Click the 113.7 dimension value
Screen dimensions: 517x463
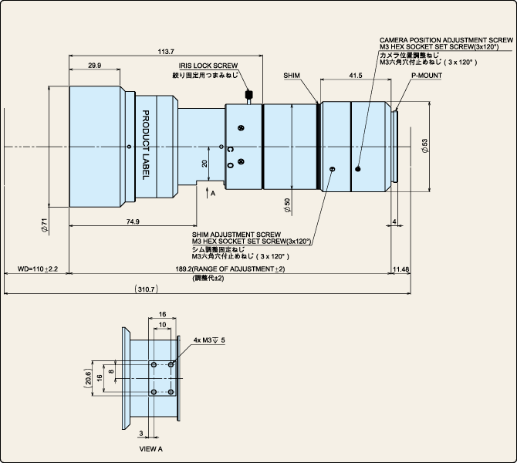click(x=166, y=52)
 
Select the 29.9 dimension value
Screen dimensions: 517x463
click(x=95, y=66)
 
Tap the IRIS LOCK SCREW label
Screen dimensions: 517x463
click(x=208, y=66)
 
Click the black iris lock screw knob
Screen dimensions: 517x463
click(x=249, y=95)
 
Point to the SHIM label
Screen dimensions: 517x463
click(x=292, y=76)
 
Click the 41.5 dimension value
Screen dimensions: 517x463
click(x=356, y=76)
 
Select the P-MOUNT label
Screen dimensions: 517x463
click(x=427, y=76)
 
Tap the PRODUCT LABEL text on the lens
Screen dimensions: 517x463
click(x=145, y=145)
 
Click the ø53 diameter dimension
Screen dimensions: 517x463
click(x=425, y=146)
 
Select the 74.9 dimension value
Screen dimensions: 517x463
click(x=133, y=221)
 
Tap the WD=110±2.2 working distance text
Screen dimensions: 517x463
click(x=38, y=269)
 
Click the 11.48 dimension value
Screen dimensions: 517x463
click(x=401, y=269)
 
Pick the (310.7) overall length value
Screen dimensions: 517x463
click(x=147, y=289)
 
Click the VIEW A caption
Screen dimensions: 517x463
click(x=151, y=449)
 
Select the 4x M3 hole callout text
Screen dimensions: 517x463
click(x=209, y=340)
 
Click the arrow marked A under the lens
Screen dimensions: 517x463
click(x=207, y=193)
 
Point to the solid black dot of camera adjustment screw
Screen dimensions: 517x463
click(x=358, y=169)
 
